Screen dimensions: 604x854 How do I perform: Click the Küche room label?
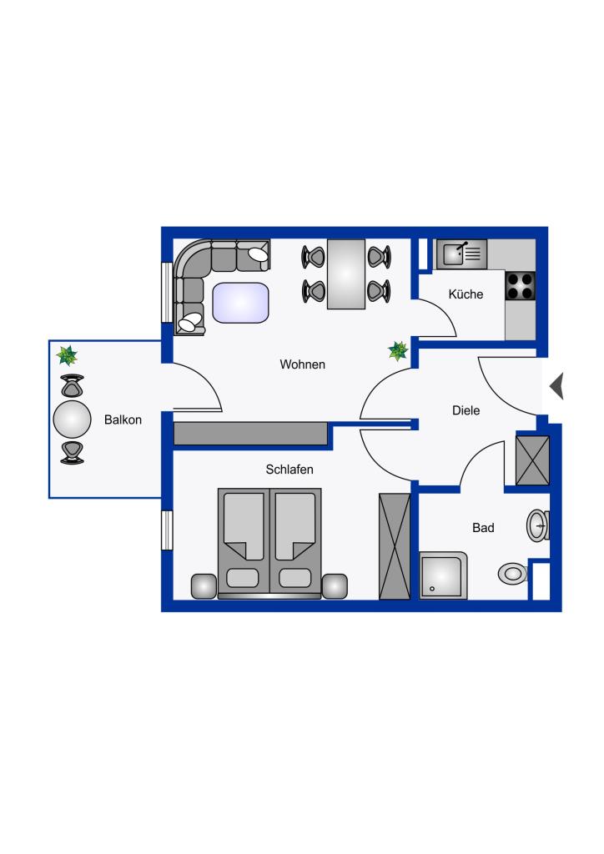click(x=466, y=294)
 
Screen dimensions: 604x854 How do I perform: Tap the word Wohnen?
click(x=302, y=364)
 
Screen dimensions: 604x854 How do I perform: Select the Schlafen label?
click(x=289, y=469)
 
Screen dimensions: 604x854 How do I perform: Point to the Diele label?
click(x=466, y=410)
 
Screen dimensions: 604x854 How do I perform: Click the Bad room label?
click(x=483, y=527)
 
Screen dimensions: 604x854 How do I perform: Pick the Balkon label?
click(x=123, y=419)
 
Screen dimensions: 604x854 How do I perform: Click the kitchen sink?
click(x=462, y=254)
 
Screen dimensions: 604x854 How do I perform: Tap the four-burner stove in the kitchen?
click(x=520, y=287)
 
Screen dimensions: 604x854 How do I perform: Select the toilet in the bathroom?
click(x=512, y=574)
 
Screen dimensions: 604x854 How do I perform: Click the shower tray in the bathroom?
click(x=443, y=575)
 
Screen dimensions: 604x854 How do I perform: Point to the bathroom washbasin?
click(x=537, y=525)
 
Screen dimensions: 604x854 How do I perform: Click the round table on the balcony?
click(x=72, y=419)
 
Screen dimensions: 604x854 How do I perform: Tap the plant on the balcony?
click(x=67, y=355)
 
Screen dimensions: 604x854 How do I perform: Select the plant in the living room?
click(x=398, y=351)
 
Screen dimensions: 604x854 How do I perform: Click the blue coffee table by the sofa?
click(x=241, y=303)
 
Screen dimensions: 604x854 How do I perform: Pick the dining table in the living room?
click(x=346, y=274)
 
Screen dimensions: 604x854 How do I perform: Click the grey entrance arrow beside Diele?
click(x=556, y=386)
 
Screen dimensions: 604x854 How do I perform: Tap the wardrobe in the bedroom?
click(x=395, y=547)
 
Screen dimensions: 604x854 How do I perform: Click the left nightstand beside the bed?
click(x=204, y=586)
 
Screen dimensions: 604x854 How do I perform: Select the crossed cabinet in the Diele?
click(x=532, y=460)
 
